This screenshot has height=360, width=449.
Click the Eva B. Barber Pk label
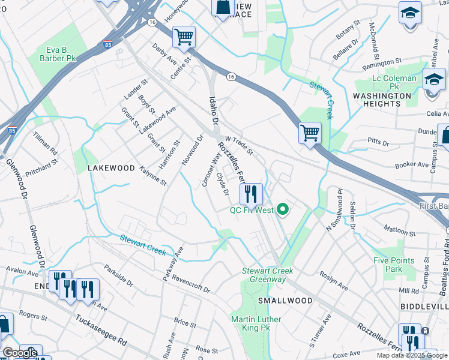[62, 55]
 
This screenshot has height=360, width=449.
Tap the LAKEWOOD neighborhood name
[111, 169]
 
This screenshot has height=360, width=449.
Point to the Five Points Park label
[394, 265]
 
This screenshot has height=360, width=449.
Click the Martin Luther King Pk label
[256, 323]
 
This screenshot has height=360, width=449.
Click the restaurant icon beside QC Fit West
[251, 194]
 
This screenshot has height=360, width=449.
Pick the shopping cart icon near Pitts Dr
[310, 133]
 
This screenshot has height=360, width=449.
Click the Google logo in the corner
[20, 353]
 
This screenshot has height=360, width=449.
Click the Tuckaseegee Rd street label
[101, 331]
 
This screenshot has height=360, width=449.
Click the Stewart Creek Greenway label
[267, 275]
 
